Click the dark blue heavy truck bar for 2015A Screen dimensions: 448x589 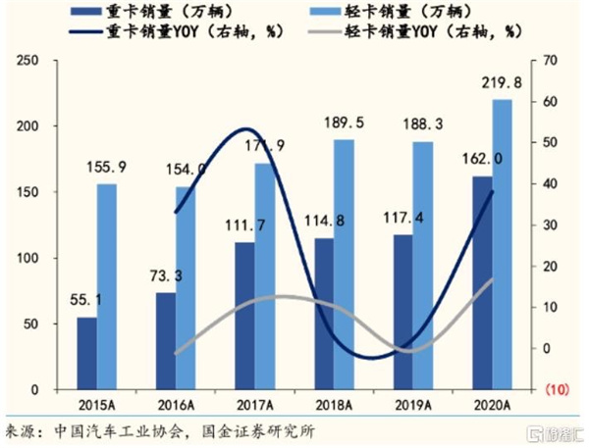coord(87,353)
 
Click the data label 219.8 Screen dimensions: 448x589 coord(501,83)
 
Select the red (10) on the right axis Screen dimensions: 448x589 coord(554,389)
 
